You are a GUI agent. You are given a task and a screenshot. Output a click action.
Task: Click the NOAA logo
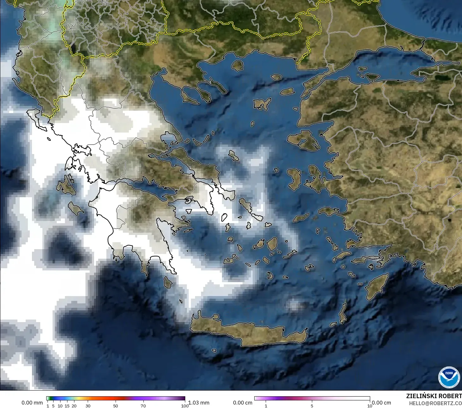coord(449,377)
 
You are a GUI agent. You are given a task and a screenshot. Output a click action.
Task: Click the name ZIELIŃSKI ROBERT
coord(434,396)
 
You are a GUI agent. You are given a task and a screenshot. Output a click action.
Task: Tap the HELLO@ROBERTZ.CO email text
coord(435,403)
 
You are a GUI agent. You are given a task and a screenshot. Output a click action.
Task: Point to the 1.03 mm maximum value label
coord(199,403)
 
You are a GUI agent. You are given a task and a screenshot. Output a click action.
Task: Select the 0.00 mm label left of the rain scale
coord(32,403)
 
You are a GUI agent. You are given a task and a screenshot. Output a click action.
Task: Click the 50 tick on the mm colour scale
coord(116,405)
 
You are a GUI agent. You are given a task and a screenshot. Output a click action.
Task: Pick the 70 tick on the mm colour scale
coord(143,405)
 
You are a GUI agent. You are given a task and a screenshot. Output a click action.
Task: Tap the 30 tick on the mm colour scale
coord(88,405)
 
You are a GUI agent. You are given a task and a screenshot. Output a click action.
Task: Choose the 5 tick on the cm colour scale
coord(312,405)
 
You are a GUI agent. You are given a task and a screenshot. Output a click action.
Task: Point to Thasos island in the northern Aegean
coord(237,66)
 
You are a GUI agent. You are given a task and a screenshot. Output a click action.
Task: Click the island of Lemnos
coord(262,104)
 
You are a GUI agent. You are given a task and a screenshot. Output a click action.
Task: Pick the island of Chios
coord(294,179)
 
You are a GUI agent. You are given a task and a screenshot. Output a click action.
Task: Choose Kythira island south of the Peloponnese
coord(168,282)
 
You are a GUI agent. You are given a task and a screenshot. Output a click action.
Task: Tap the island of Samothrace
coord(276,77)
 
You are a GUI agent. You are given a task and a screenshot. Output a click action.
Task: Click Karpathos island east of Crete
coord(343,313)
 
